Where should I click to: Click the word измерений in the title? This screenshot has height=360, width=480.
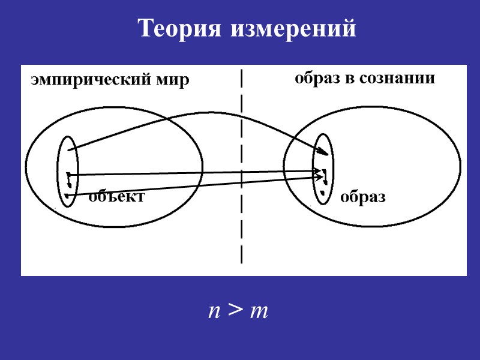(x=290, y=29)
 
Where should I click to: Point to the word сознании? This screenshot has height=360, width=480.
(x=403, y=79)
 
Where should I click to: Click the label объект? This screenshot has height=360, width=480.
(x=117, y=197)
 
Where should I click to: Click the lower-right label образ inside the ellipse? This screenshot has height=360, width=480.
(x=363, y=197)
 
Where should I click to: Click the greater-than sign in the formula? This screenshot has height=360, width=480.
(x=235, y=311)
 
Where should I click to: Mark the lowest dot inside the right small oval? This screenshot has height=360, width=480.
(x=323, y=193)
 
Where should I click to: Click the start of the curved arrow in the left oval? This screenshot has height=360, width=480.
(x=70, y=149)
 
